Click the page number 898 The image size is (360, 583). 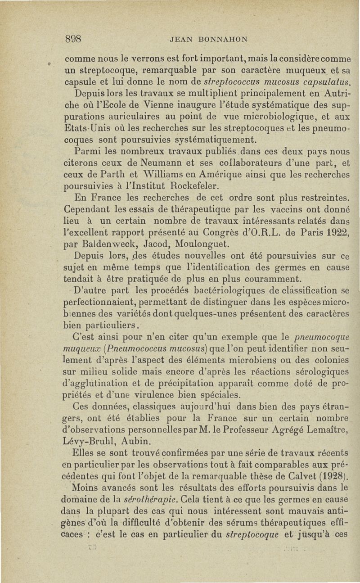73,39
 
